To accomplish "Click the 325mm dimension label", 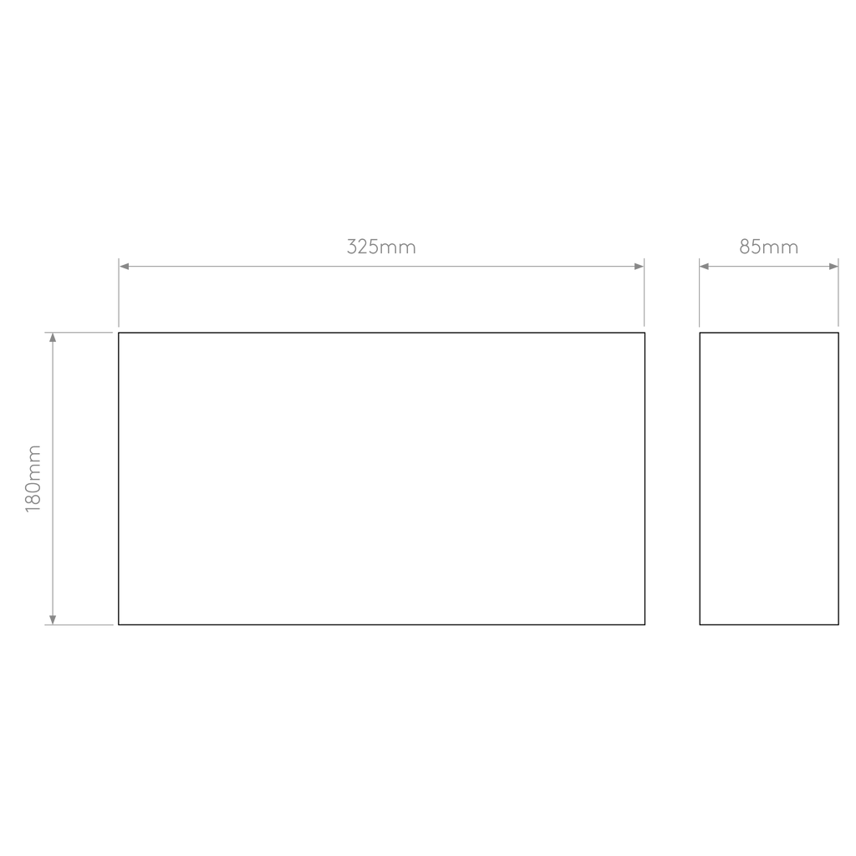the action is [381, 247].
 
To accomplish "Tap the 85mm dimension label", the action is [769, 247].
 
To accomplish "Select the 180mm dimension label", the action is [33, 479].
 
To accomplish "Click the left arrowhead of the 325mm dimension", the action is [124, 267].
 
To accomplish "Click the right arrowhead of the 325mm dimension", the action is [639, 267].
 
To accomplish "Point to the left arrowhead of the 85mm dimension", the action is [704, 267].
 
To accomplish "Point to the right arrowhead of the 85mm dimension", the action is [833, 267].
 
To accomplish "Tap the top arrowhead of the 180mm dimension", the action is [53, 338].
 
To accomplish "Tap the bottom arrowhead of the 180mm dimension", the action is [53, 619].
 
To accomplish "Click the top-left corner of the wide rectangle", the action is [119, 333].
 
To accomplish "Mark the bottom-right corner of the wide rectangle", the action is [645, 624].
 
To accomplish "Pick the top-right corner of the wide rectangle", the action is [645, 333].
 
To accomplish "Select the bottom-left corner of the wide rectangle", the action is [119, 624].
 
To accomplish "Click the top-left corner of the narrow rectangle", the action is [700, 333].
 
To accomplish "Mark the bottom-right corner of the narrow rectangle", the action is [838, 624].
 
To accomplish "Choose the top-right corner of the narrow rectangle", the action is [838, 333].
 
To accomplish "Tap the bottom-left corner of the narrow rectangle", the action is [700, 624].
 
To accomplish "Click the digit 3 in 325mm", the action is [352, 247].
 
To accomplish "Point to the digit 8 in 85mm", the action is [745, 247].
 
